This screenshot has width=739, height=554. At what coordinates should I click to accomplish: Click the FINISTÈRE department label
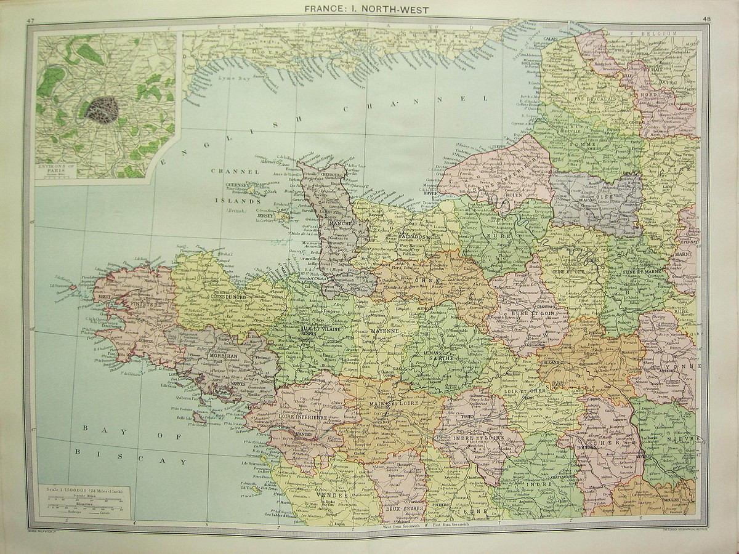click(x=145, y=304)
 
